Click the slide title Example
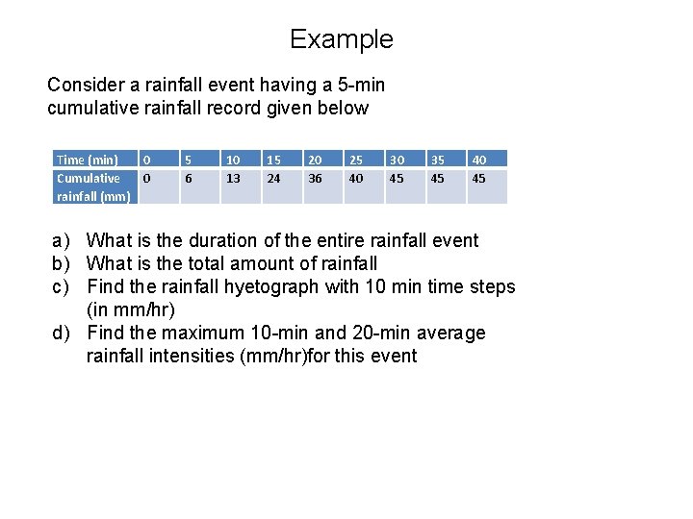[342, 39]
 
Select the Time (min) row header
[88, 160]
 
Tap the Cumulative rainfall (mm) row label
[93, 187]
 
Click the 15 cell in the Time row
[273, 160]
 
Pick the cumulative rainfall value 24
[273, 178]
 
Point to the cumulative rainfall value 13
[232, 178]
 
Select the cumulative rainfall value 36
[315, 178]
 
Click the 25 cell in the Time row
[356, 160]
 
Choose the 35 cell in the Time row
[438, 160]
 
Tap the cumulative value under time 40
[478, 178]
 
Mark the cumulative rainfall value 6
[189, 178]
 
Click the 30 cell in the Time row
[397, 160]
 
